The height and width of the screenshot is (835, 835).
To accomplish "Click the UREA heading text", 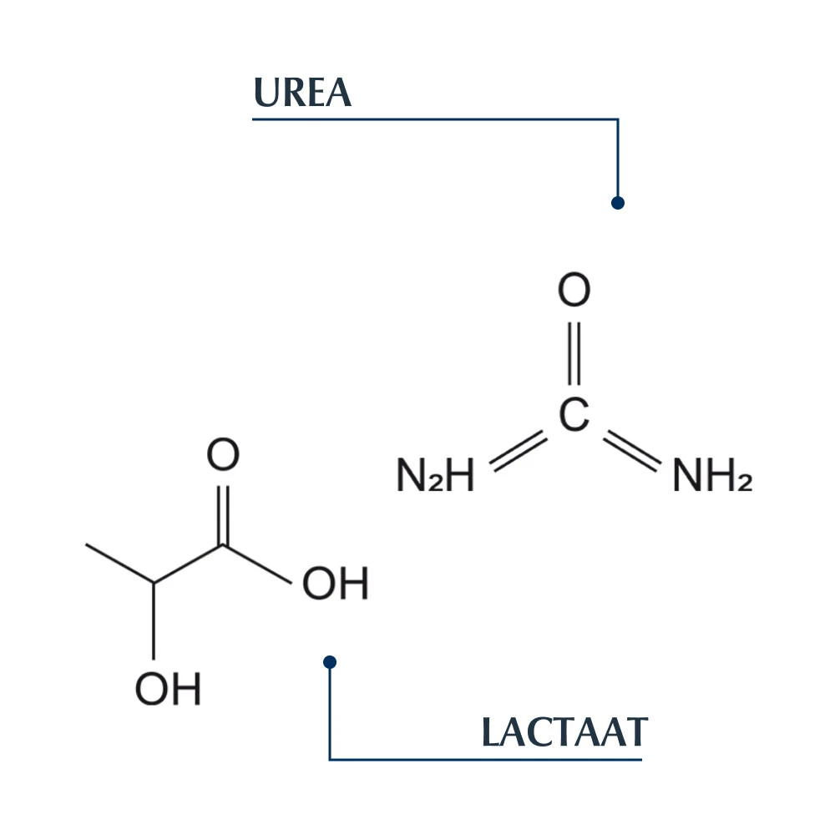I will tap(302, 94).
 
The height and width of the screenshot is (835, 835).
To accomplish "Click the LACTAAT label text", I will tap(564, 733).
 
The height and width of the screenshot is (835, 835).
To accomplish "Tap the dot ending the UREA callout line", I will tap(618, 203).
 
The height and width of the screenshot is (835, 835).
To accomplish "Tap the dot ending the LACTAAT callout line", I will tap(330, 662).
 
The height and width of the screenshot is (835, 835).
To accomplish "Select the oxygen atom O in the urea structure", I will tap(574, 291).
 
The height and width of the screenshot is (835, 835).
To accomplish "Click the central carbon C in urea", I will tap(574, 416).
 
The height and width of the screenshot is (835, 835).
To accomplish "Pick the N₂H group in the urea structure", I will tap(435, 477).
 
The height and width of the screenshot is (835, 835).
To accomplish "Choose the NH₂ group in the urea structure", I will tap(711, 477).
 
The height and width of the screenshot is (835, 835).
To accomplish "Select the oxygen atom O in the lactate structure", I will tap(223, 456).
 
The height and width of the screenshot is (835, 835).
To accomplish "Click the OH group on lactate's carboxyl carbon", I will tap(335, 584).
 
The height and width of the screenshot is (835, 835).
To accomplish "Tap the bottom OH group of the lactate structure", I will tap(169, 690).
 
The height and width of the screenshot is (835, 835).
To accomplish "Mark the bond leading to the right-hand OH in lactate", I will tap(257, 564).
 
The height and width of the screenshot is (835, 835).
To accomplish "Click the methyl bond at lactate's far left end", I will tap(120, 564).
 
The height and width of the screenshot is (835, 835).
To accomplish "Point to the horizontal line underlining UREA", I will tap(434, 119).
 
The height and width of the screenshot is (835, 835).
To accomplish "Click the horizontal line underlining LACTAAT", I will tap(484, 759).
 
